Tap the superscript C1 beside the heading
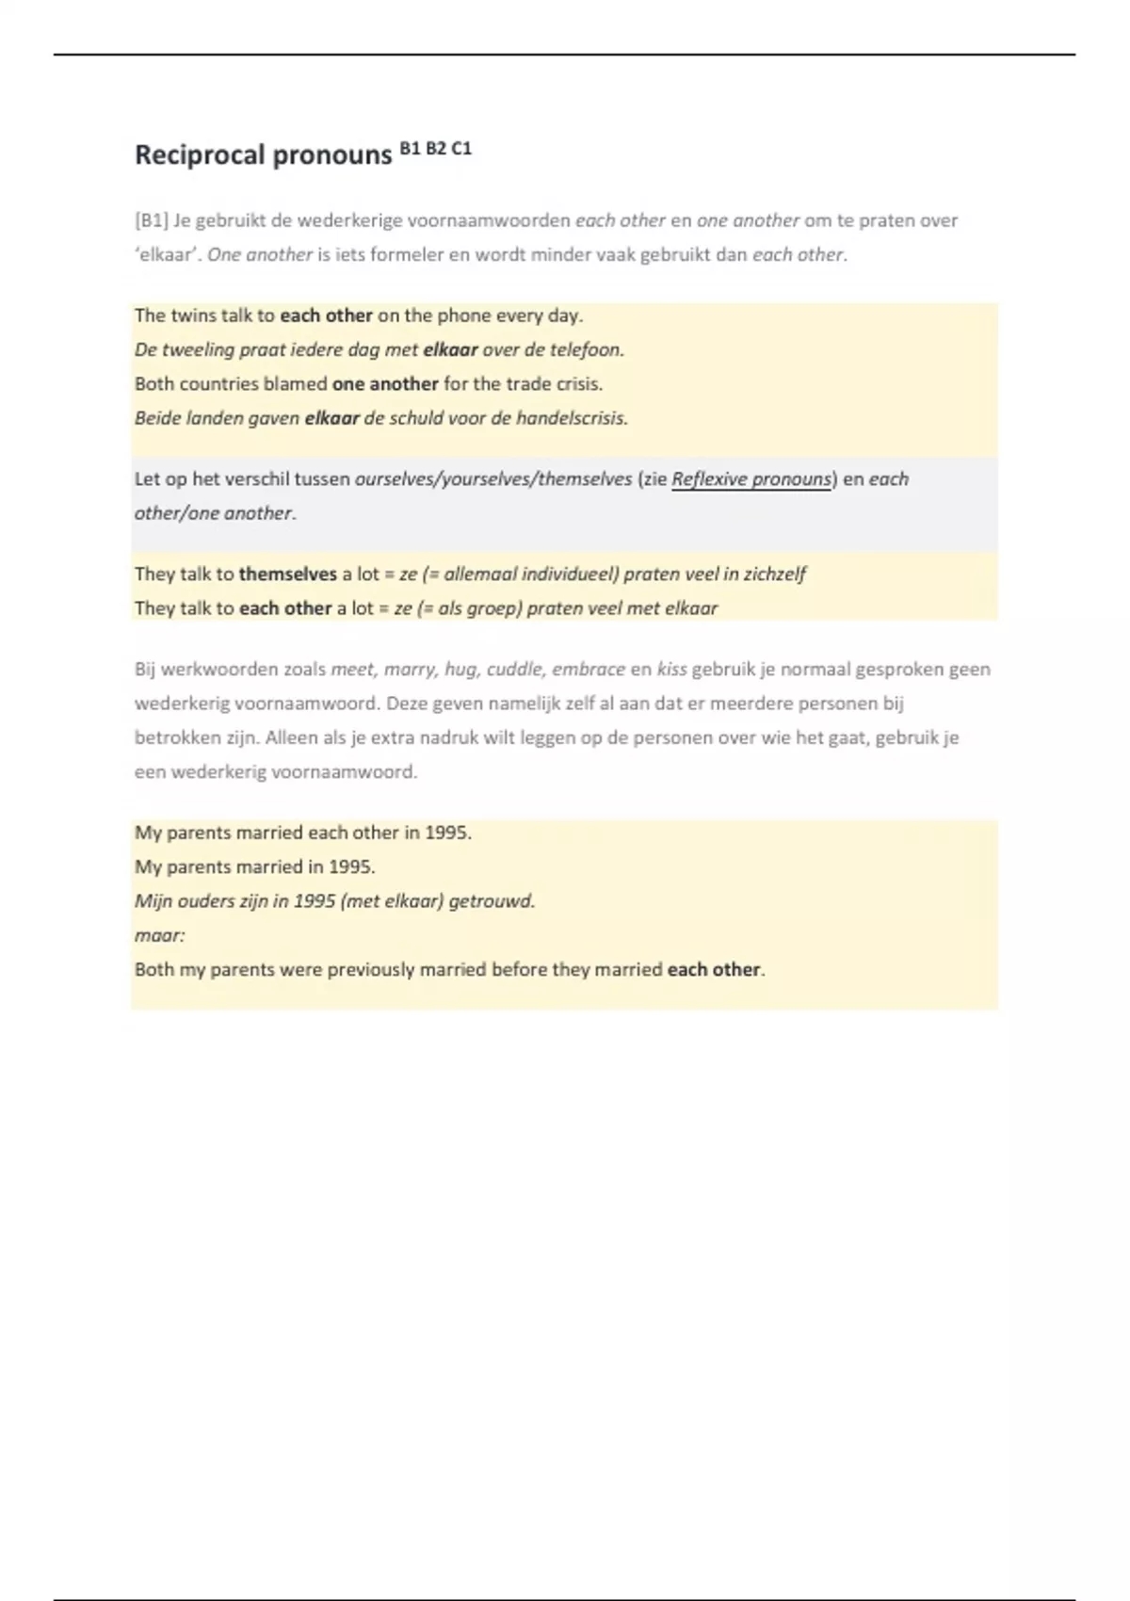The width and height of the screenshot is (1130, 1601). click(461, 148)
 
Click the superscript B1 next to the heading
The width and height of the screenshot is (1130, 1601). click(411, 148)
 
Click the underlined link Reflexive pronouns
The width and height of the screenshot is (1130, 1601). click(751, 479)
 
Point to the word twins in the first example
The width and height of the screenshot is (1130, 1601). click(193, 315)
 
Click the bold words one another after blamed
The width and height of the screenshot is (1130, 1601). click(385, 384)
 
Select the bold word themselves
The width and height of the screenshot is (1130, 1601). click(287, 574)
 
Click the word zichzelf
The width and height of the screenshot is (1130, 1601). click(774, 574)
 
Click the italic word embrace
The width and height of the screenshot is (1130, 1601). click(588, 670)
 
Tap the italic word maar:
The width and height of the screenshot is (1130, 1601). click(159, 935)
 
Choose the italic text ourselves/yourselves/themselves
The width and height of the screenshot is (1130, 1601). click(492, 479)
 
